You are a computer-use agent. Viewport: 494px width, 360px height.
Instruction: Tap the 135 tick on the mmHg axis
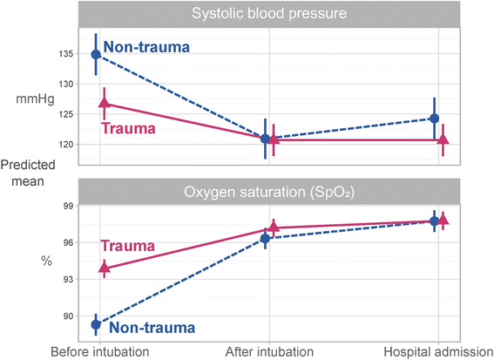65,54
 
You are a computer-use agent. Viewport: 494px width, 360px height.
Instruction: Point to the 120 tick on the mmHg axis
65,144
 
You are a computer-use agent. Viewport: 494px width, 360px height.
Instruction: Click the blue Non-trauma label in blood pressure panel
145,47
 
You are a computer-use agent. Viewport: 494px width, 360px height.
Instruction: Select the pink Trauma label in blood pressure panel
130,129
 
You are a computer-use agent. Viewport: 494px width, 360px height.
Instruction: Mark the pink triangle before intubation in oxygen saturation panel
105,268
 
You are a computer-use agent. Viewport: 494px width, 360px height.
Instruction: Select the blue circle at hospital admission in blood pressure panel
435,119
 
